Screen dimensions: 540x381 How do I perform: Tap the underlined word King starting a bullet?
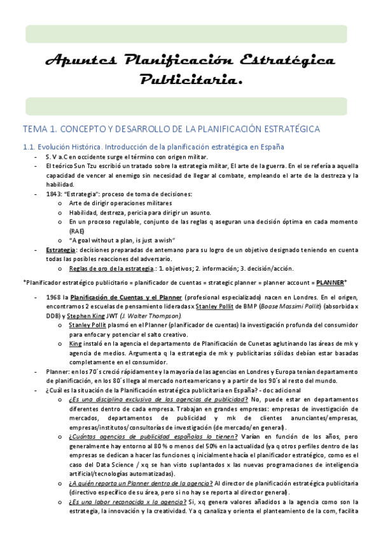pos(75,343)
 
